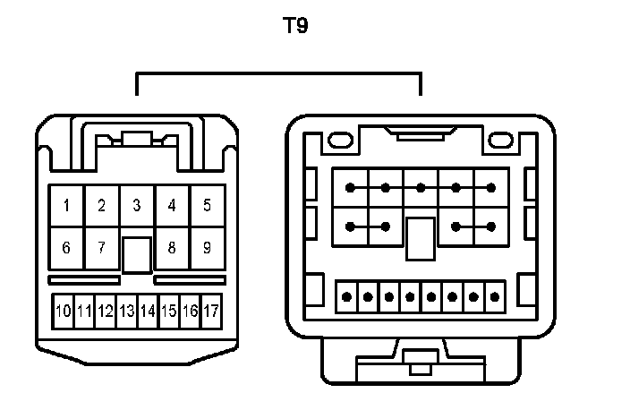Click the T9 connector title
(295, 26)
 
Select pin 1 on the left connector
(66, 205)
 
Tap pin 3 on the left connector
(136, 205)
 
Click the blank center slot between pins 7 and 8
(136, 254)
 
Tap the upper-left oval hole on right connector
(340, 141)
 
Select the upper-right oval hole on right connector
(501, 141)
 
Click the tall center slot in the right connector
(420, 239)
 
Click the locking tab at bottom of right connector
(418, 364)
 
